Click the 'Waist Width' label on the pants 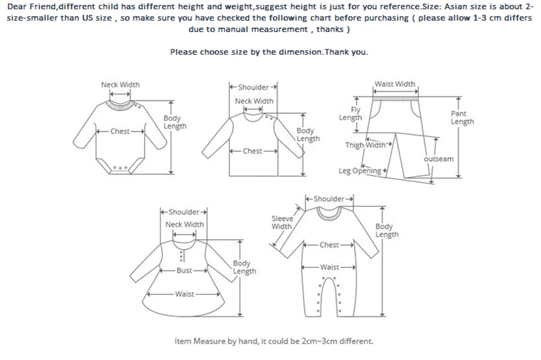point(395,84)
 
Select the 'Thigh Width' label point(365,145)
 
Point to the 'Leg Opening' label point(360,170)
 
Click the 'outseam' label point(439,159)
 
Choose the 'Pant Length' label point(462,118)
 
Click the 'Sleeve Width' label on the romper point(282,222)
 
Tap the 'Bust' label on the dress point(185,270)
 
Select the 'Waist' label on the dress point(185,294)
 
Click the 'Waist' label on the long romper point(329,267)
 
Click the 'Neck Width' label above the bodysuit point(120,85)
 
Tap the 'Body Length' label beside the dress point(244,267)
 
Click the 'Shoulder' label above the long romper point(329,199)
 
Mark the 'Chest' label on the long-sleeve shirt point(253,151)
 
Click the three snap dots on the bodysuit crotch point(120,168)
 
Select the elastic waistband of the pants point(395,99)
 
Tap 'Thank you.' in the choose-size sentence point(347,52)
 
